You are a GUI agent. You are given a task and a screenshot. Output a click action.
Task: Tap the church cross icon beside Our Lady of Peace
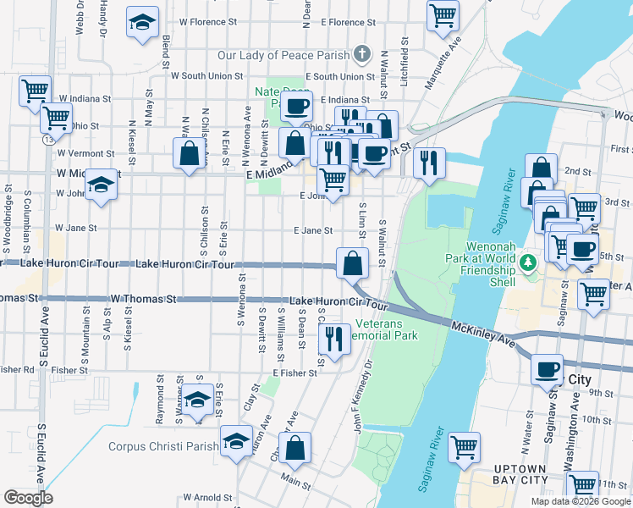click(x=362, y=56)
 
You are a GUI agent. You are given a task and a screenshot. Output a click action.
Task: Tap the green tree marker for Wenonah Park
click(x=530, y=262)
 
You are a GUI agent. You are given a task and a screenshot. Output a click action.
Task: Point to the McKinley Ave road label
click(x=483, y=334)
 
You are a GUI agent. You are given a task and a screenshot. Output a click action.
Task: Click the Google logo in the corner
click(x=29, y=497)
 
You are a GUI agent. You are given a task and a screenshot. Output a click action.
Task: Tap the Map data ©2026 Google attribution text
click(x=580, y=501)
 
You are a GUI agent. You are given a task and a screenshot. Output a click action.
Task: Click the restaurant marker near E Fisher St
click(x=334, y=340)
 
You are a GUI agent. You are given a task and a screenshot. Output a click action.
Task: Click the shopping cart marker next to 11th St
click(x=583, y=485)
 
